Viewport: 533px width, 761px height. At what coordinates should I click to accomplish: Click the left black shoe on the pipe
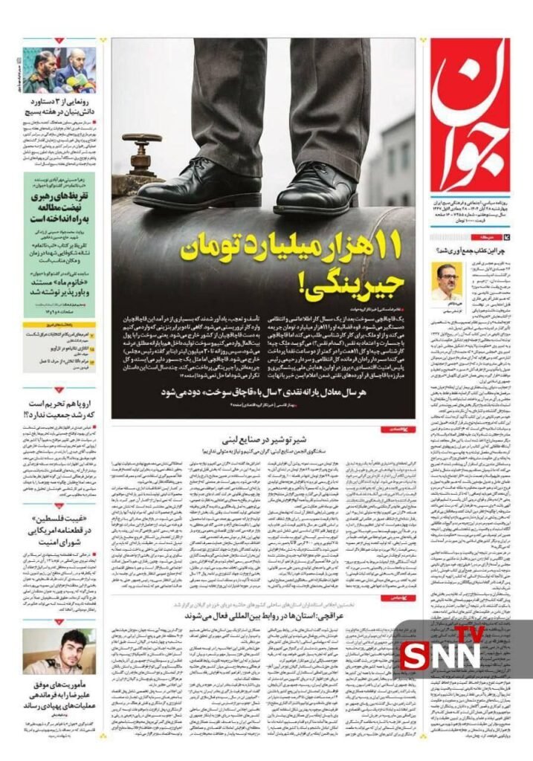198,185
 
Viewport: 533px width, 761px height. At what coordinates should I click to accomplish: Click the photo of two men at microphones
59,70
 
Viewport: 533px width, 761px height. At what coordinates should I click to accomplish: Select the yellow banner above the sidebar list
59,325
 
